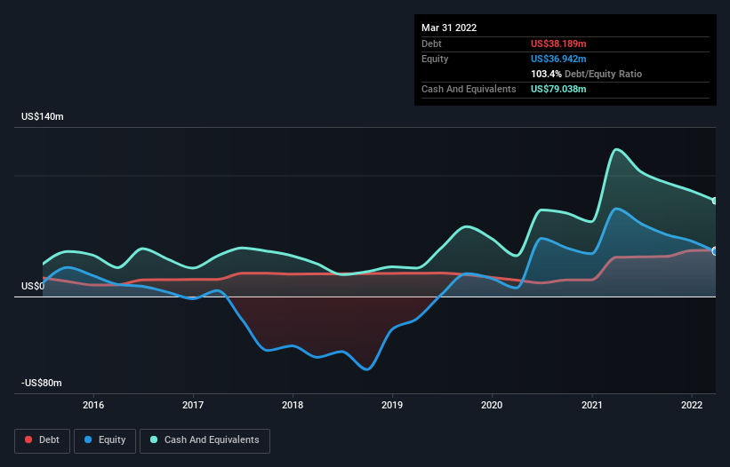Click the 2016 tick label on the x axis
click(93, 405)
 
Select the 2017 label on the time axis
click(193, 405)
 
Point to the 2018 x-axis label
click(293, 405)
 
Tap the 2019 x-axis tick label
click(392, 405)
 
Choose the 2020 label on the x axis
click(492, 405)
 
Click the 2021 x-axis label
click(591, 405)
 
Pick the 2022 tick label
click(692, 405)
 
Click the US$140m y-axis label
click(43, 116)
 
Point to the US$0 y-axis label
click(33, 286)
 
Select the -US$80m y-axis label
click(42, 383)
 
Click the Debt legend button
click(42, 440)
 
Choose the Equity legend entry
click(105, 440)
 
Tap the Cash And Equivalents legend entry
click(205, 440)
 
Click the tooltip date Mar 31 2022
click(449, 28)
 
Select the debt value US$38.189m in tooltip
click(558, 44)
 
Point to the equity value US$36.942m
click(558, 59)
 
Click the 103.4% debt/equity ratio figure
click(546, 74)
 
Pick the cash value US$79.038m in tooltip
click(558, 89)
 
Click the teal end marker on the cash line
click(715, 201)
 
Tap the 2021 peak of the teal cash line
click(616, 149)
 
